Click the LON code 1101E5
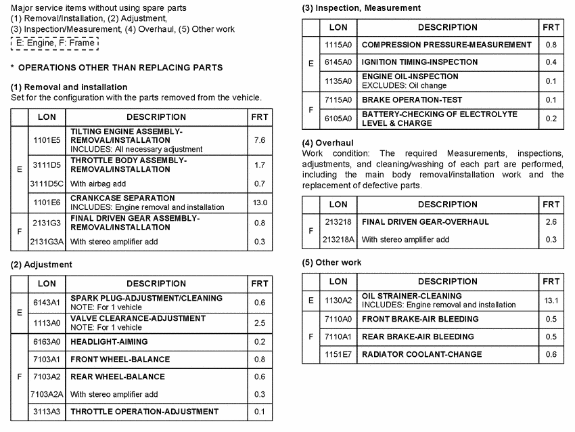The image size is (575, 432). click(x=47, y=140)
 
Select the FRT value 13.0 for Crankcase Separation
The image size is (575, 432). click(x=259, y=202)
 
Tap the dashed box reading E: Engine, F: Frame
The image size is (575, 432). click(x=55, y=43)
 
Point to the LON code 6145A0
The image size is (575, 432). click(x=338, y=62)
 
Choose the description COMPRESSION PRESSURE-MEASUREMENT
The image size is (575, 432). click(x=446, y=45)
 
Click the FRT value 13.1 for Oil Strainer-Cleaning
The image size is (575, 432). click(x=551, y=301)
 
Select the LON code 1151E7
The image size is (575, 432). click(x=338, y=354)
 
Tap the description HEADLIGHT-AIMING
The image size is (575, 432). click(x=109, y=342)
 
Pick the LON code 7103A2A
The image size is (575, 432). click(x=47, y=394)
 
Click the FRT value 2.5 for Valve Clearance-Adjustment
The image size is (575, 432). click(x=259, y=324)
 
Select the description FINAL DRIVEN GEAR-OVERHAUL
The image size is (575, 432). click(x=425, y=222)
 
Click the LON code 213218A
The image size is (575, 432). click(x=339, y=240)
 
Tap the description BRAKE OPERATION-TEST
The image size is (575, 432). click(x=412, y=100)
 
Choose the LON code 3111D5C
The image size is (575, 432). click(x=47, y=183)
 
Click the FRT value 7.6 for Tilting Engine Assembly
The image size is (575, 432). click(x=259, y=140)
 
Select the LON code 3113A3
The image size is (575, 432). click(x=47, y=412)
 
